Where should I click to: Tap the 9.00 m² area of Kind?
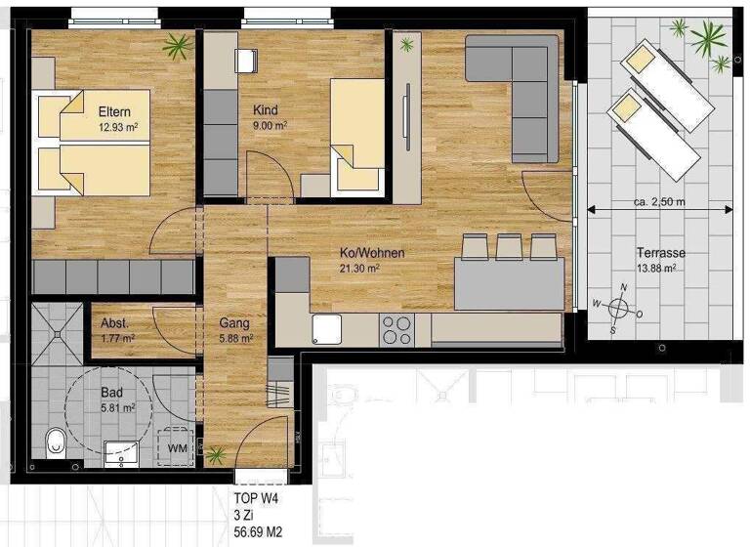point(270,125)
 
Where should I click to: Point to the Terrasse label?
point(661,252)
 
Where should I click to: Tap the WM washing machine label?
point(178,447)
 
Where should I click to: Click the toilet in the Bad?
point(56,442)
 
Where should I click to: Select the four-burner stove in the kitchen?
point(396,330)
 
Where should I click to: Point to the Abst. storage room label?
point(115,323)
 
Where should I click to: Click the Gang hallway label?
point(234,323)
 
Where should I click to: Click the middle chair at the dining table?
point(508,247)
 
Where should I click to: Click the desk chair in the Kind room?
point(245,59)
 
